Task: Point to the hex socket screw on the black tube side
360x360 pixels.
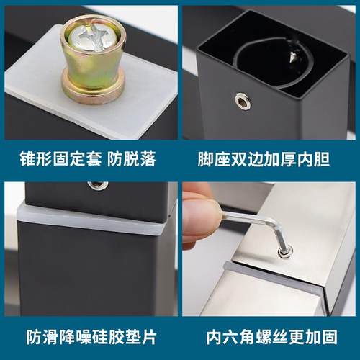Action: [243, 102]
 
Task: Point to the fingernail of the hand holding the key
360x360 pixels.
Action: [199, 215]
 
